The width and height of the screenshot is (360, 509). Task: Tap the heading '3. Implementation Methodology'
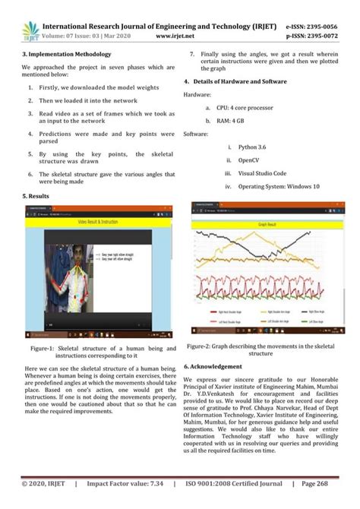tap(67, 55)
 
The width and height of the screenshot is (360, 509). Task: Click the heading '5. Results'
tap(36, 196)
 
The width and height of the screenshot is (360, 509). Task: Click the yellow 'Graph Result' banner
tap(269, 226)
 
